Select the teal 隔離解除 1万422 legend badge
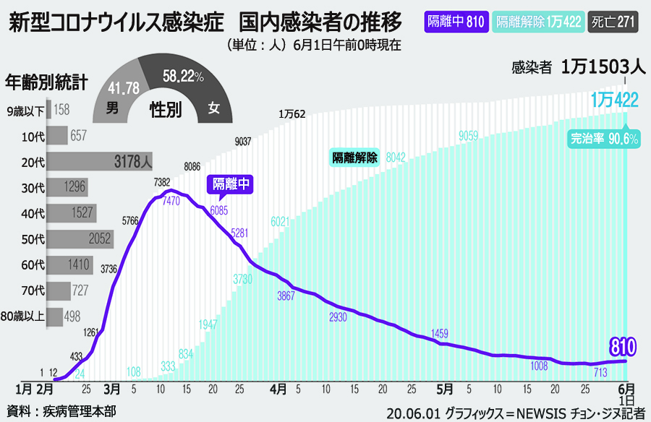coord(539,21)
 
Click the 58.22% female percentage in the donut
coord(183,76)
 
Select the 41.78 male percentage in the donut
coord(123,88)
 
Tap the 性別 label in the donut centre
coord(165,110)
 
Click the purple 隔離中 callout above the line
coord(231,184)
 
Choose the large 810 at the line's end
coord(622,348)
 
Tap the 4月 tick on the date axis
coord(278,389)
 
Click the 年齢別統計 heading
coord(46,82)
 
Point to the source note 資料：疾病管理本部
coord(59,412)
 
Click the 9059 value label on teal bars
coord(468,135)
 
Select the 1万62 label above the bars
coord(292,114)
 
